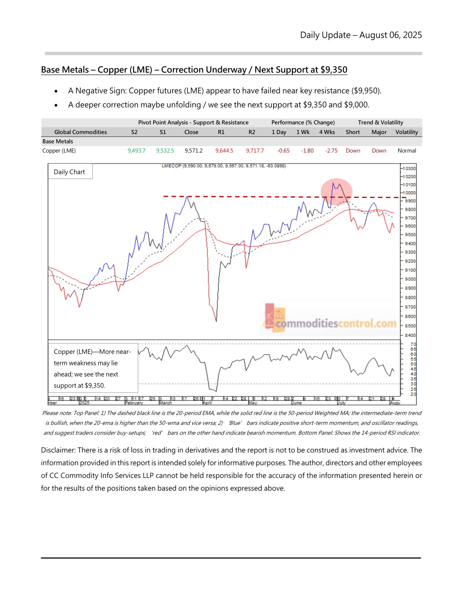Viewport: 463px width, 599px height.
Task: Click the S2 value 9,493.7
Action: coord(136,151)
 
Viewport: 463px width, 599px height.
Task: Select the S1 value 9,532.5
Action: coord(165,151)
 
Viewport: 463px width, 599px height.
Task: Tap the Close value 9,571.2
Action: coord(193,151)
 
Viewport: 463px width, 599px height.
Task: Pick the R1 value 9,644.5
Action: coord(224,151)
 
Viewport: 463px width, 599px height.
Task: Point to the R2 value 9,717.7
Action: coord(255,151)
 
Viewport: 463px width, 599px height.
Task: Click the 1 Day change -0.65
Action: coord(283,151)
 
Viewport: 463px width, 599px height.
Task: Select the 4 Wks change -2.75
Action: coord(331,151)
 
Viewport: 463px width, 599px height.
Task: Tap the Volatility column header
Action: coord(406,132)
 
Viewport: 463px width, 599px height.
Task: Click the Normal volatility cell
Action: coord(407,151)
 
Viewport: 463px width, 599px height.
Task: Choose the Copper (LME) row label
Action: coord(59,151)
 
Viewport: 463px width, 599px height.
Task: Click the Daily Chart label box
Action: coord(69,172)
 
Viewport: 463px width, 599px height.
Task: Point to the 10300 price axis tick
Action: coord(409,169)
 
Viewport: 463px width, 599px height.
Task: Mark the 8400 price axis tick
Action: coord(410,335)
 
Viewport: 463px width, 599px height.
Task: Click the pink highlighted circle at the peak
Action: coord(336,192)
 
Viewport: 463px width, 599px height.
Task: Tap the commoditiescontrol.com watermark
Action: coord(336,323)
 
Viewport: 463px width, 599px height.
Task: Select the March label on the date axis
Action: coord(166,403)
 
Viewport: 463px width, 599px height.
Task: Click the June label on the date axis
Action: coord(297,403)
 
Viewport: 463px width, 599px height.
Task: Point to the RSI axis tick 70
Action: coord(413,344)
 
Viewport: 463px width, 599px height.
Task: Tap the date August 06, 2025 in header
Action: coord(390,35)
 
